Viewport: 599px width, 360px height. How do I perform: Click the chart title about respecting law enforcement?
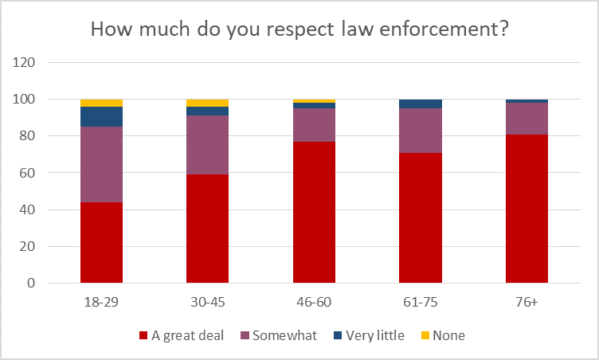click(299, 29)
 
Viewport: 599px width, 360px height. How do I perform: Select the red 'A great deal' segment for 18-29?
click(101, 242)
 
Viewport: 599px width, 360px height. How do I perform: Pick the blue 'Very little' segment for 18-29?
click(101, 116)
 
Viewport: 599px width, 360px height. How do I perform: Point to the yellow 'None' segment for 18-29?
click(101, 103)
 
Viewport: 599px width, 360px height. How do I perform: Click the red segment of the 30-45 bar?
click(207, 229)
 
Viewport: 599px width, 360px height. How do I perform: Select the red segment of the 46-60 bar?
click(314, 212)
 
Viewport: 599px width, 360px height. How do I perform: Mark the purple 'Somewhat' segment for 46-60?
click(314, 125)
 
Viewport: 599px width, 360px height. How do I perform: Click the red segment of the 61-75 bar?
click(421, 217)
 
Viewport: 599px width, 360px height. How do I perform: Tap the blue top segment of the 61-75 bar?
click(421, 104)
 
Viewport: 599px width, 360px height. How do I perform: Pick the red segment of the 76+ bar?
click(527, 209)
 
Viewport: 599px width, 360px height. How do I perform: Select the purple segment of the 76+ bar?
click(527, 119)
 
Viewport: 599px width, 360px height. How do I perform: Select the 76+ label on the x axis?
click(527, 303)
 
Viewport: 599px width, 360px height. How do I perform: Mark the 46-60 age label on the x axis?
click(314, 303)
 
